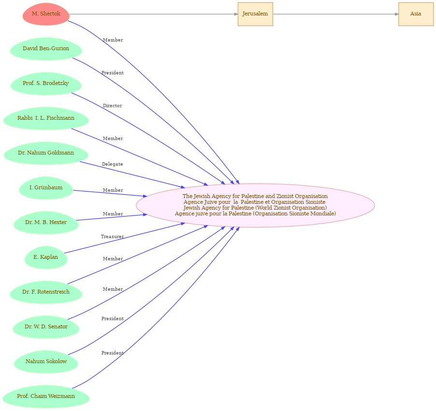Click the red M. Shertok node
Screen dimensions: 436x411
pos(46,14)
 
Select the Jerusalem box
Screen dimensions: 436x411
pos(255,14)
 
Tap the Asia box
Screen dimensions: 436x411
pos(416,14)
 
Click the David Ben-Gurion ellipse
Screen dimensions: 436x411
pos(46,49)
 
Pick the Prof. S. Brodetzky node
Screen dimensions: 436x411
pos(46,84)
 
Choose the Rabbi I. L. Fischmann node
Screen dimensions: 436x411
pos(46,118)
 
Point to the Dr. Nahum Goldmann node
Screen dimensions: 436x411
pos(46,153)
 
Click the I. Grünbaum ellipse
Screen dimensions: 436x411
pos(46,188)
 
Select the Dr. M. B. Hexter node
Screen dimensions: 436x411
pos(46,223)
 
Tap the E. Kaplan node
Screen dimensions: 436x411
pos(46,257)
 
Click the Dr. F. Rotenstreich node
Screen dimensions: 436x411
pos(46,292)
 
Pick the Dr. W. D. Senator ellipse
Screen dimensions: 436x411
pos(46,327)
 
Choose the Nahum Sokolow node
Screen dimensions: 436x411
pos(46,362)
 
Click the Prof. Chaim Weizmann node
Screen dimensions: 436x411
pos(46,397)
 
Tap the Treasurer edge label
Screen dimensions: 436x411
pos(112,237)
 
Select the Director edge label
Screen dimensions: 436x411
pos(112,106)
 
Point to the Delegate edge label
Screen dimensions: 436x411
pos(112,164)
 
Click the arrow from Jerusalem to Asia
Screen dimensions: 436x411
pos(335,14)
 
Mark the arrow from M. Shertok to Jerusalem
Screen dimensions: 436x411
pos(154,14)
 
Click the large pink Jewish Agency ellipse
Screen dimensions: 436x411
pos(255,205)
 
